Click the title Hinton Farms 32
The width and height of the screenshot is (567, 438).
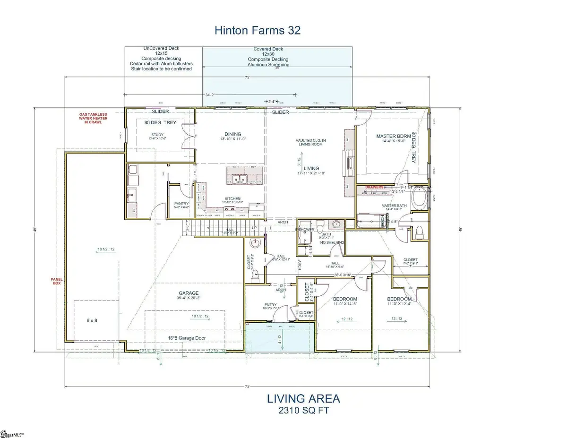point(258,31)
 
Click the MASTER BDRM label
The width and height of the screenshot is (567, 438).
point(392,137)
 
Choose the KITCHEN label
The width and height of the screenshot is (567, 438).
point(232,198)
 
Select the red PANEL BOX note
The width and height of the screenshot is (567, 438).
point(57,281)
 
